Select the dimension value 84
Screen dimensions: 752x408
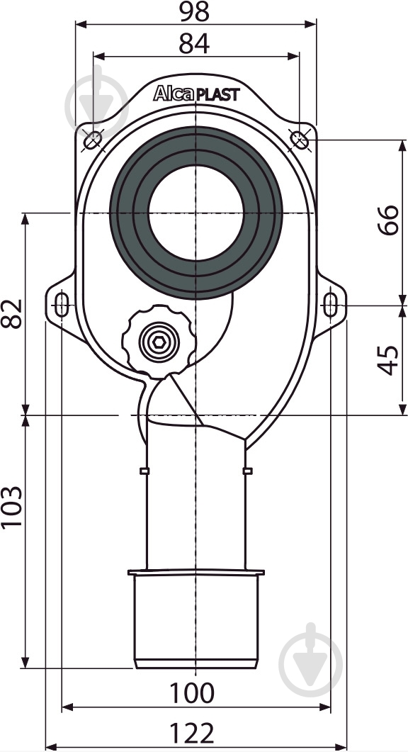click(194, 43)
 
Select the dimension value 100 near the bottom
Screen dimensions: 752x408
click(192, 692)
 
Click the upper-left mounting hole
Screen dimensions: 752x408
click(92, 141)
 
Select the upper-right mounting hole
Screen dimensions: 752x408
click(300, 140)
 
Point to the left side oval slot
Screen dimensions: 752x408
click(62, 305)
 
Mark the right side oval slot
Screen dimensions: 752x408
click(330, 305)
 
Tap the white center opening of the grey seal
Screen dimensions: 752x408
click(195, 213)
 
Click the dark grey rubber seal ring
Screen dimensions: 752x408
click(127, 213)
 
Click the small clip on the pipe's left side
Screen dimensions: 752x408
click(144, 471)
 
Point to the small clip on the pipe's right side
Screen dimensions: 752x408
click(247, 471)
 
